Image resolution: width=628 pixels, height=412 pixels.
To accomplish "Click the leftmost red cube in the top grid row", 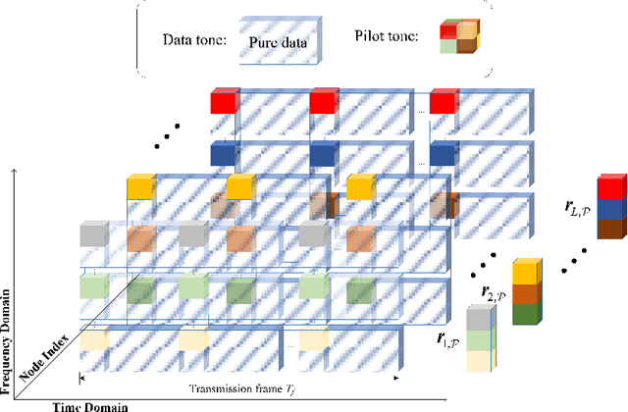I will [x=224, y=101].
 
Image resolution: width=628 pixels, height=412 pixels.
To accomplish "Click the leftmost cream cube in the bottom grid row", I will [x=94, y=339].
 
